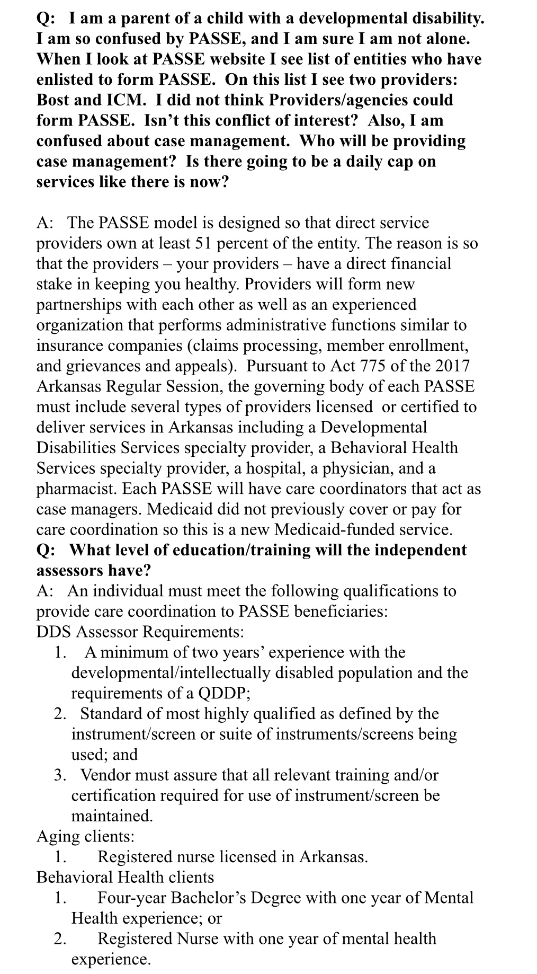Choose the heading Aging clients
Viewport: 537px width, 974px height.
(x=85, y=837)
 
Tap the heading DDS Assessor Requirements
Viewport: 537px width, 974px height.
(x=140, y=632)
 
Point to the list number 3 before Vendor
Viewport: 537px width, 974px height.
(x=59, y=775)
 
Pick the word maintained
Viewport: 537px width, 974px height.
(x=112, y=816)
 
